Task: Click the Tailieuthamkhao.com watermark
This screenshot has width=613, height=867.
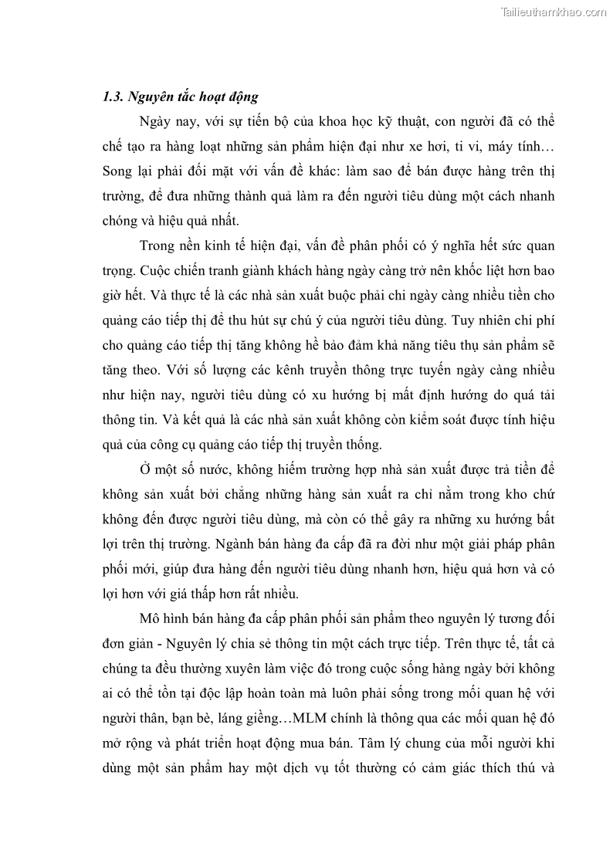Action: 554,12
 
